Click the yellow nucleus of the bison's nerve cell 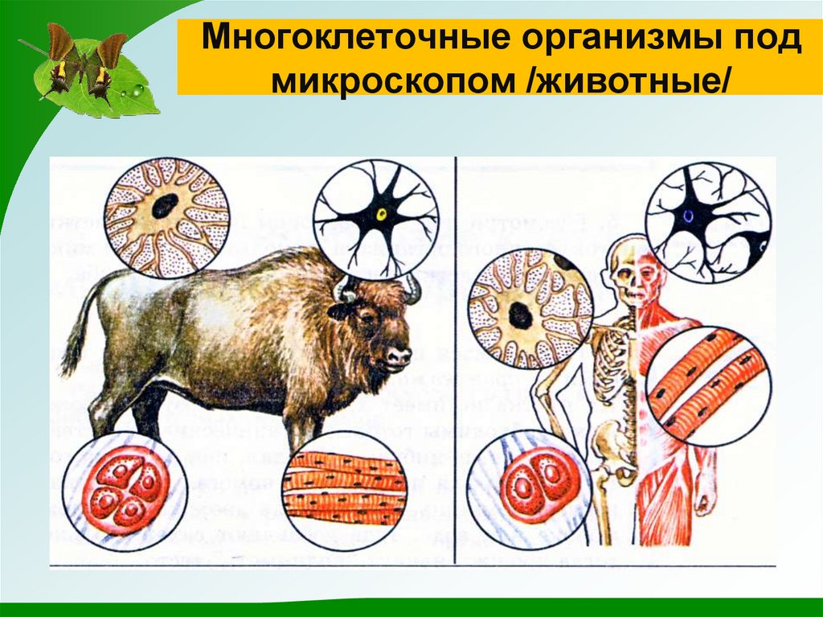381,215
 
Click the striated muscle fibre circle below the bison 346,487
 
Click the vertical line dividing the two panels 456,362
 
